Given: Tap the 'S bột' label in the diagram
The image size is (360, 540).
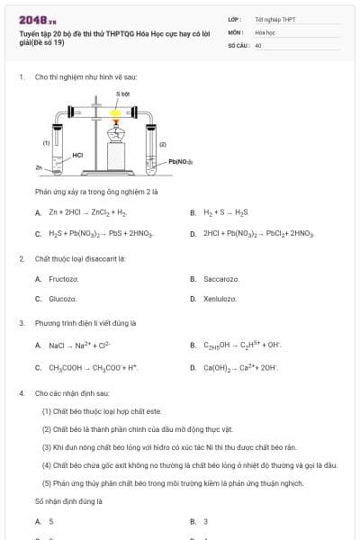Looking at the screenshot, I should (123, 94).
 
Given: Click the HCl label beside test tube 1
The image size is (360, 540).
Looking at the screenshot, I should (77, 155).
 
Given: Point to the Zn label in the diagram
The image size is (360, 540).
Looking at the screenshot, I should (39, 167).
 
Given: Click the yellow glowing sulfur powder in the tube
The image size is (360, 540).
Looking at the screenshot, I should (115, 112).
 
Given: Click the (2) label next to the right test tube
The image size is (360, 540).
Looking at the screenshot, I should (163, 143).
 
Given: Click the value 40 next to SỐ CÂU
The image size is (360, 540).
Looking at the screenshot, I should (258, 44).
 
